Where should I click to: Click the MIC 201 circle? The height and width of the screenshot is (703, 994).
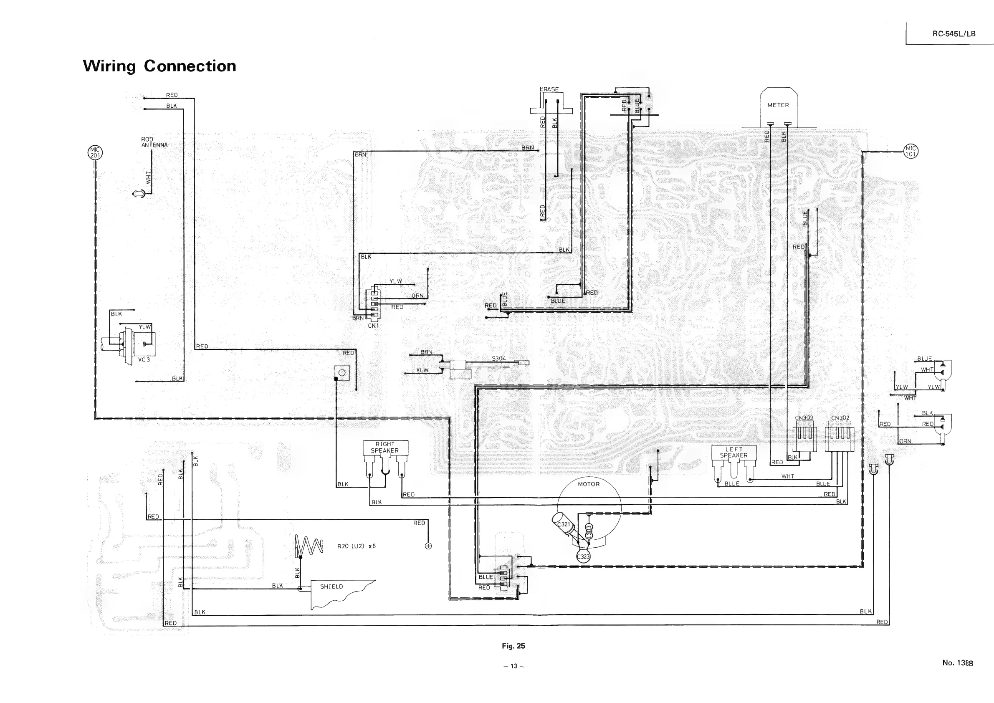pyautogui.click(x=95, y=153)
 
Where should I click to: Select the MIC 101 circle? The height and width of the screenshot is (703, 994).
pyautogui.click(x=911, y=152)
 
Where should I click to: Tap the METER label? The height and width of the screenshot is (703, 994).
pyautogui.click(x=778, y=105)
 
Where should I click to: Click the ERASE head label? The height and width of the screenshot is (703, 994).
pyautogui.click(x=549, y=89)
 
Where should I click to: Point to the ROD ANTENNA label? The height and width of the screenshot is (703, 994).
pyautogui.click(x=154, y=142)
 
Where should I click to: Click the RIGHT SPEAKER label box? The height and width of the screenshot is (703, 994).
pyautogui.click(x=385, y=447)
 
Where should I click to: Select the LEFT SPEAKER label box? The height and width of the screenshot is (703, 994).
pyautogui.click(x=734, y=453)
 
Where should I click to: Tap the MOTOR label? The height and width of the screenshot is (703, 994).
pyautogui.click(x=589, y=484)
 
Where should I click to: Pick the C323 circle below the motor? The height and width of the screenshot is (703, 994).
pyautogui.click(x=583, y=557)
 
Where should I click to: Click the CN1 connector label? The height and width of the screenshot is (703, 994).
pyautogui.click(x=373, y=326)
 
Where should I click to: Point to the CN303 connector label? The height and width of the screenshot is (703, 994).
pyautogui.click(x=804, y=418)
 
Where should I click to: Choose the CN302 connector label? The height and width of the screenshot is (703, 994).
pyautogui.click(x=840, y=418)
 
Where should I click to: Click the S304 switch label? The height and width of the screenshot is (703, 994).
pyautogui.click(x=499, y=359)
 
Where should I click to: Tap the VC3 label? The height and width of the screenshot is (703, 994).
pyautogui.click(x=144, y=360)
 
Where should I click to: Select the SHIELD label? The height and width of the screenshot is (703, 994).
pyautogui.click(x=331, y=587)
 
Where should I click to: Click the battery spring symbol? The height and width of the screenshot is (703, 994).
pyautogui.click(x=309, y=546)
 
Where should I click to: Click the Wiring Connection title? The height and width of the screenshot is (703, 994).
pyautogui.click(x=159, y=66)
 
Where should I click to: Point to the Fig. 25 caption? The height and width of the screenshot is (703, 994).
pyautogui.click(x=513, y=646)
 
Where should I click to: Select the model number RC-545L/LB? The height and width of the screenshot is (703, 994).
pyautogui.click(x=954, y=34)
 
